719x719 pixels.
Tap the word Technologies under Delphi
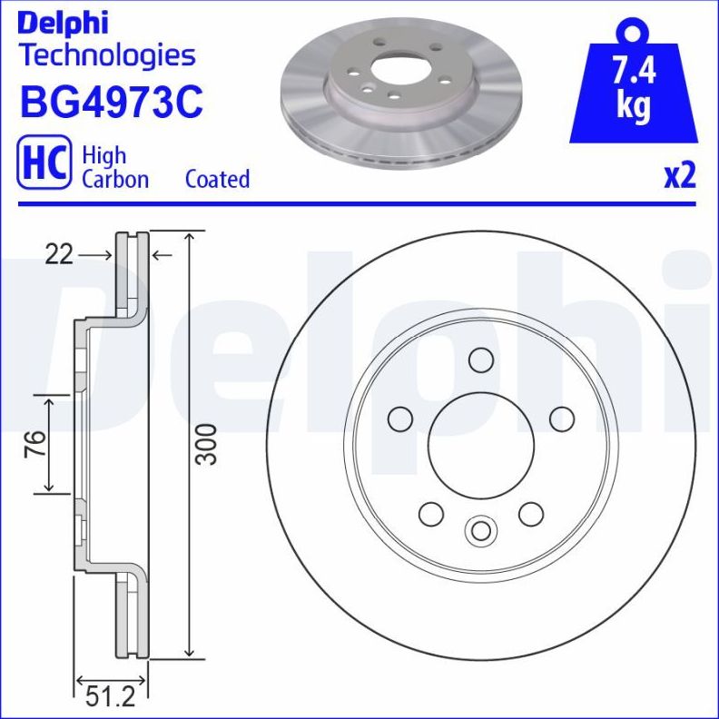tap(107, 55)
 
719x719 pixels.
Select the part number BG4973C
tap(110, 103)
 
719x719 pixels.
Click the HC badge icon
tap(44, 165)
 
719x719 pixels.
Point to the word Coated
tap(217, 179)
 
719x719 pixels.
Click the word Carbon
tap(115, 179)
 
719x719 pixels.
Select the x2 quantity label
tap(679, 175)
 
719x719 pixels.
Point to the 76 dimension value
tap(34, 445)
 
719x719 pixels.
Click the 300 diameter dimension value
tap(208, 444)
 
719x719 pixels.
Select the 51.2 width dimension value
tap(109, 697)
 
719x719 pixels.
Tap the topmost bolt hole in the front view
tap(480, 359)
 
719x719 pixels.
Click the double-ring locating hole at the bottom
tap(479, 530)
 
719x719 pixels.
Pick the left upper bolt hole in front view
tap(399, 419)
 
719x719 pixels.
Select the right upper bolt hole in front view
tap(562, 419)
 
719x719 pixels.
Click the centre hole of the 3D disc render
tap(401, 70)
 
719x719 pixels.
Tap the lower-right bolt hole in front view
tap(530, 513)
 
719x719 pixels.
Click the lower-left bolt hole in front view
tap(430, 513)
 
